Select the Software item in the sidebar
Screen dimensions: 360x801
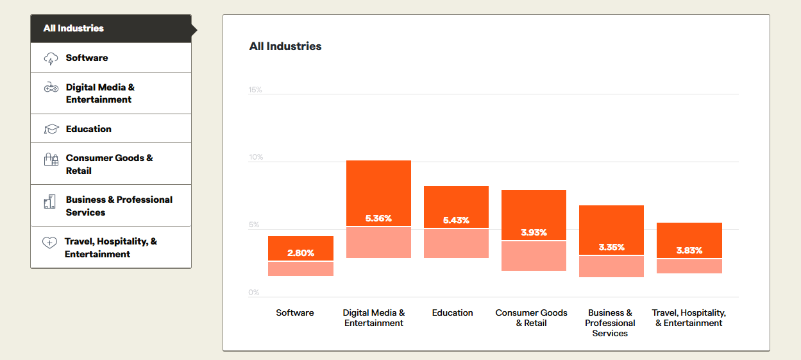tap(87, 58)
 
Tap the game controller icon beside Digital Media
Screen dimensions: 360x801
tap(51, 87)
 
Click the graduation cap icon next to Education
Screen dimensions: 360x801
tap(51, 129)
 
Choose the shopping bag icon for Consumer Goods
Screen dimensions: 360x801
tap(51, 160)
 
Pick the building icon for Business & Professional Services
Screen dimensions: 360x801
tap(50, 201)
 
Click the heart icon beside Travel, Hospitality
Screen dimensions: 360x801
tap(49, 243)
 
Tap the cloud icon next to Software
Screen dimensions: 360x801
tap(51, 58)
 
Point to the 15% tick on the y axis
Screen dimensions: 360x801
tap(255, 90)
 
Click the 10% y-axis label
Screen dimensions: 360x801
tap(255, 157)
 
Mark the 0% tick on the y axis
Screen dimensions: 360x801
tap(254, 293)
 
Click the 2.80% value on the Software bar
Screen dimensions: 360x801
tap(301, 253)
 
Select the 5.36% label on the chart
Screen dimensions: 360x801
tap(378, 219)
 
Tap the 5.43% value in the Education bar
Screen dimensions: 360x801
tap(456, 221)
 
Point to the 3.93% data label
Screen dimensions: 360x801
tap(534, 233)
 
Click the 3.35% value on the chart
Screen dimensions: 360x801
tap(611, 247)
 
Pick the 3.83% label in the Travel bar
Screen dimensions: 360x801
tap(689, 251)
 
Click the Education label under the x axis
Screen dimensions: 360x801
tap(453, 313)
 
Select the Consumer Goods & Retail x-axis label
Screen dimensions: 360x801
tap(531, 318)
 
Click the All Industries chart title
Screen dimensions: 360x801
tap(285, 46)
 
